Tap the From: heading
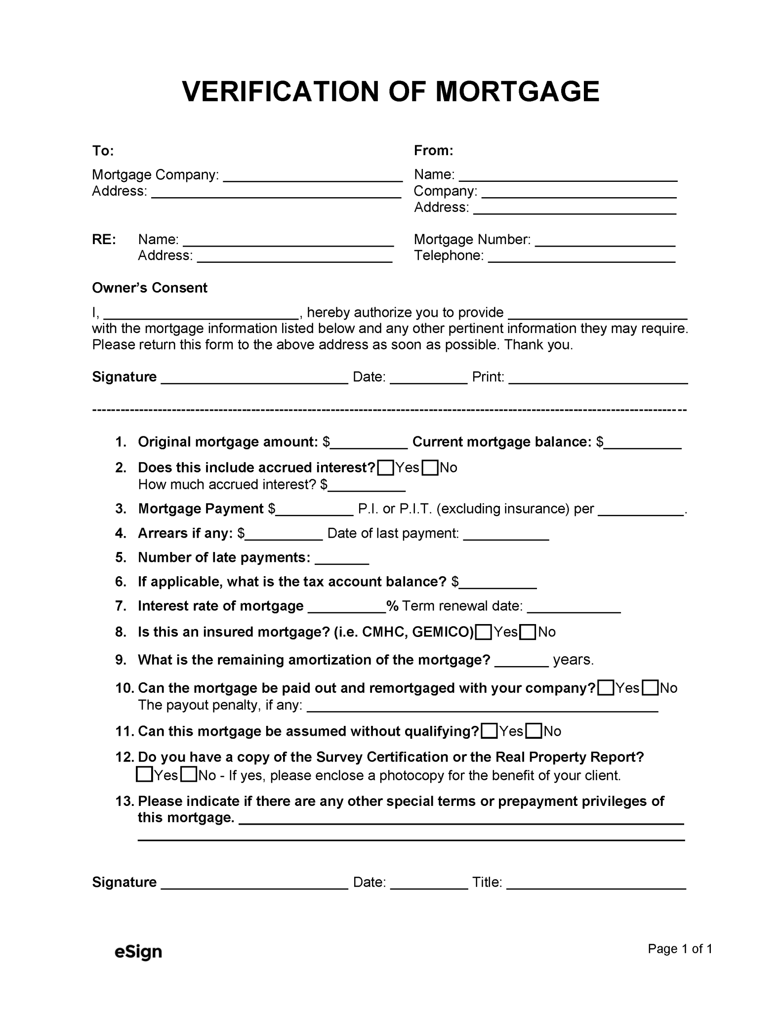click(x=433, y=150)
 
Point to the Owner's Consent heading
click(x=150, y=288)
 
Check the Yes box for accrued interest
click(x=385, y=467)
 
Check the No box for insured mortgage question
click(x=528, y=632)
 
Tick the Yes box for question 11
click(x=489, y=731)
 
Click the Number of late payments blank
click(x=341, y=559)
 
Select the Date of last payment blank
click(x=506, y=535)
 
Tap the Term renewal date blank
click(x=574, y=607)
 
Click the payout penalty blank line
click(x=482, y=706)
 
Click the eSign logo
click(x=138, y=951)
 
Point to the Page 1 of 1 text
click(x=680, y=948)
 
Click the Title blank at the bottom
click(x=596, y=884)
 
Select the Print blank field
click(x=598, y=379)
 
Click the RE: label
click(x=104, y=239)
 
